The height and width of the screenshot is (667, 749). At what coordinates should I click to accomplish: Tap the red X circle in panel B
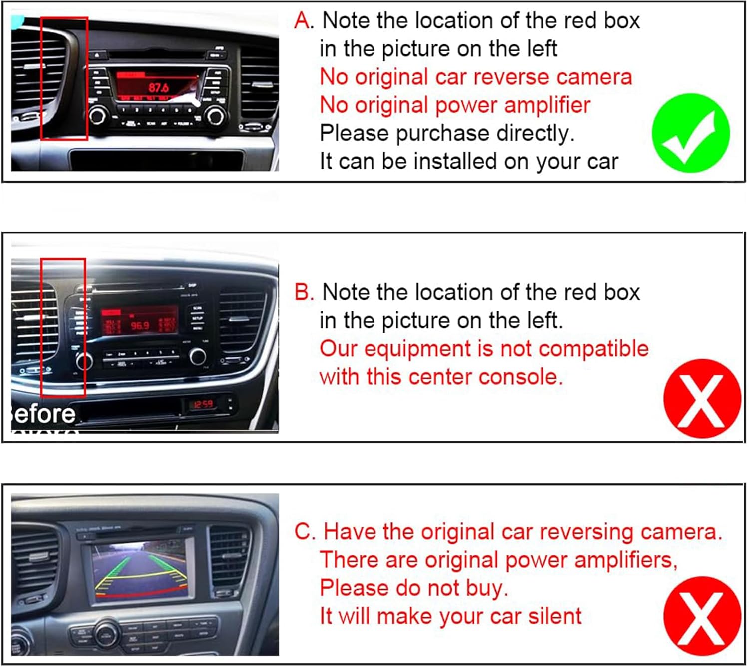click(x=702, y=399)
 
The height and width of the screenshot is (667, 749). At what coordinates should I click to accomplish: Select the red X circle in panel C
click(x=702, y=616)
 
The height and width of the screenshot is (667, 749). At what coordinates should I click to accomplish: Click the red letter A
click(x=303, y=21)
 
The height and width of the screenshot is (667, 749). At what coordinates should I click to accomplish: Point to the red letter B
click(x=303, y=292)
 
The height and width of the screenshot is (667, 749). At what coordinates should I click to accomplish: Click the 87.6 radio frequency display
click(x=158, y=88)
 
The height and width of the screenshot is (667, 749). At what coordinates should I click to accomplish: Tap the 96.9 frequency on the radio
click(x=140, y=325)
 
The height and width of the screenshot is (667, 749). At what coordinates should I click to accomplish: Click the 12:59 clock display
click(x=203, y=404)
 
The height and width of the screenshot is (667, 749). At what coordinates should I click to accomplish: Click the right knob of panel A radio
click(x=216, y=116)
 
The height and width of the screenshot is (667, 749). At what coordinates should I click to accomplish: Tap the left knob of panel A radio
click(x=97, y=116)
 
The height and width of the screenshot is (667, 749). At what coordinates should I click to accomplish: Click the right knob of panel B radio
click(x=198, y=356)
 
